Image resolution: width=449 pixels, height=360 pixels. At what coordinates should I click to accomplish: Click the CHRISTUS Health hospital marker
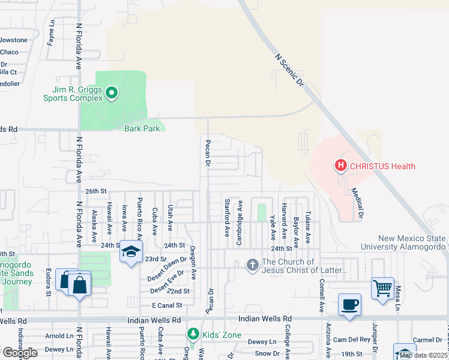[x=341, y=166]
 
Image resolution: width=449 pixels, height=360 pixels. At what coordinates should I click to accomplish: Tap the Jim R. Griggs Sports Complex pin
[x=111, y=93]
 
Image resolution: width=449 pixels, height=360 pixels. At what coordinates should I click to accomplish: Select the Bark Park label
[x=142, y=128]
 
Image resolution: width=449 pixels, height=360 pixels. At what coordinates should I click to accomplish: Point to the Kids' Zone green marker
[x=193, y=333]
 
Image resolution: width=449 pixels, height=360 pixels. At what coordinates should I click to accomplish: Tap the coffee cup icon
[x=349, y=305]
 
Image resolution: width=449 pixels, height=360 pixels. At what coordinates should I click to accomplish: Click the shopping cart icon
[x=382, y=289]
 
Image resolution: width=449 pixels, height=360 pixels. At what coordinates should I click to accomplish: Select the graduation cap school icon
[x=130, y=252]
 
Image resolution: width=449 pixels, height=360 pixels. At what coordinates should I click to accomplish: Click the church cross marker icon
[x=253, y=264]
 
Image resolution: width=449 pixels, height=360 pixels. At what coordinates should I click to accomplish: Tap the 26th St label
[x=95, y=191]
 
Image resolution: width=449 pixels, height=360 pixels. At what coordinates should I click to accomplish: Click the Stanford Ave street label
[x=227, y=218]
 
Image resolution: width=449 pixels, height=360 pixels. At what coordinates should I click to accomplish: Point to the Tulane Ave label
[x=307, y=226]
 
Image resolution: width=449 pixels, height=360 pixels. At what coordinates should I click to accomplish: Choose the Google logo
[x=20, y=352]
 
